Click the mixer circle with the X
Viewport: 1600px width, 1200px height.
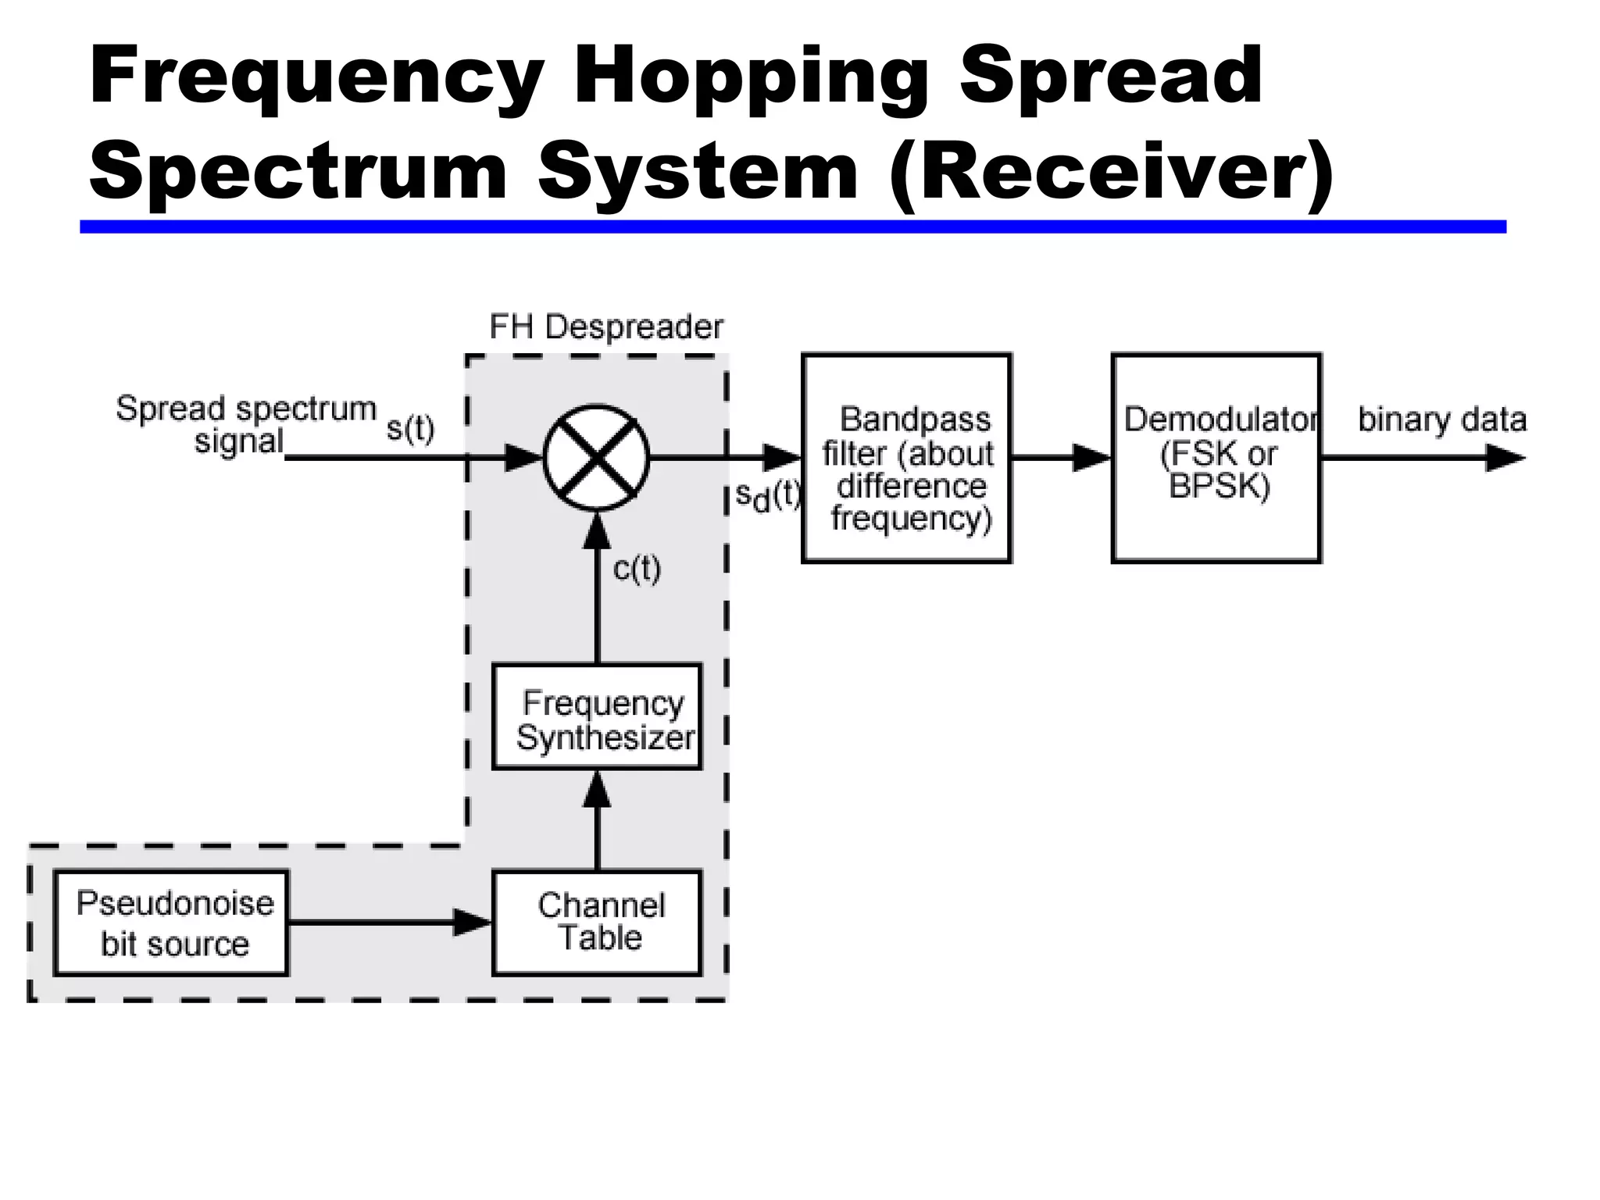(596, 459)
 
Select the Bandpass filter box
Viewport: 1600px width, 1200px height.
(906, 459)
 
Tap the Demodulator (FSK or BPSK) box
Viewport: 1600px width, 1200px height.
(1216, 459)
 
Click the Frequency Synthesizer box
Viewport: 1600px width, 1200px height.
(596, 717)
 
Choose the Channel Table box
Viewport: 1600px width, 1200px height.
(596, 923)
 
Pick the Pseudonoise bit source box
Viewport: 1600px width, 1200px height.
(171, 923)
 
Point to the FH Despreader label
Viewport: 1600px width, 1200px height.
(605, 327)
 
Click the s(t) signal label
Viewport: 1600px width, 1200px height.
(410, 428)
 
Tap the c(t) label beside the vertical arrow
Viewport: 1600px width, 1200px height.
(637, 569)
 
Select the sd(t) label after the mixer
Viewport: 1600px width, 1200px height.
(768, 496)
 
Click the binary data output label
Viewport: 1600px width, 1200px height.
(1441, 420)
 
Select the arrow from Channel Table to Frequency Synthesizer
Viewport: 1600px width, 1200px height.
(597, 820)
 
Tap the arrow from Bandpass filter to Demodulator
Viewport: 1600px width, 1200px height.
(1061, 458)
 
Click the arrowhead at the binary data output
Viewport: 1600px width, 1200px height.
(1504, 458)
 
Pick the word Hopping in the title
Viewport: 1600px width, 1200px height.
(751, 77)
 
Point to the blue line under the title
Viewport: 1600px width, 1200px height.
(792, 227)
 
